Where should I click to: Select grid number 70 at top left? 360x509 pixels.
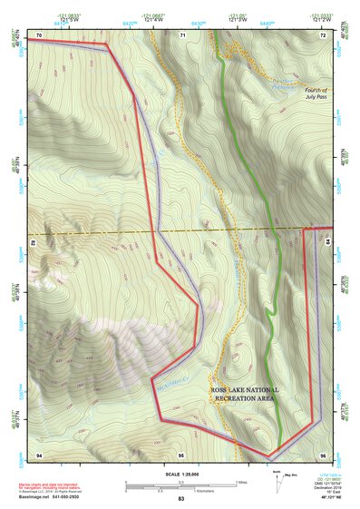pyautogui.click(x=39, y=34)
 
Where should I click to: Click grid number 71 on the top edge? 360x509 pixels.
pyautogui.click(x=182, y=34)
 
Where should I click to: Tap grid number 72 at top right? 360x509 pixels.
pyautogui.click(x=322, y=34)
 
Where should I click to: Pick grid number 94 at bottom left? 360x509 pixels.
pyautogui.click(x=39, y=453)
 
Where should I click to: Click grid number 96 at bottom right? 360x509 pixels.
pyautogui.click(x=321, y=453)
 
